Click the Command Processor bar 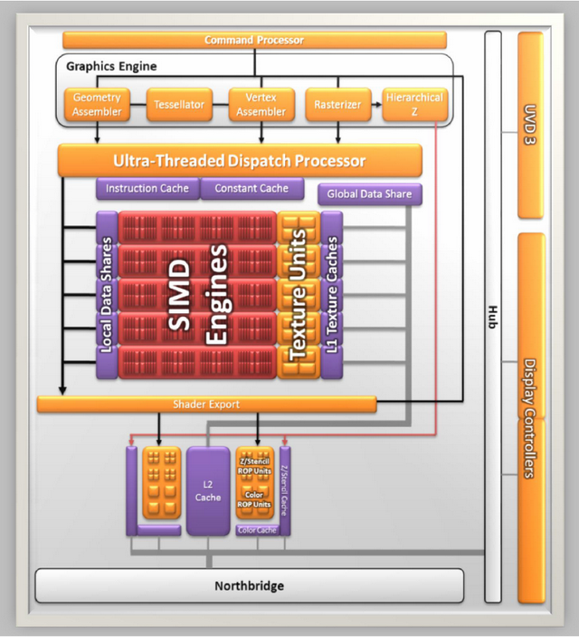[254, 40]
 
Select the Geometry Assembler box [97, 104]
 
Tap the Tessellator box [179, 104]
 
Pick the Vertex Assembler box [261, 104]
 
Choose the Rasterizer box [338, 104]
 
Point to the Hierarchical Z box [415, 104]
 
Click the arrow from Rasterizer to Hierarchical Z [376, 104]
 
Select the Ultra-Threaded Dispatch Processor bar [240, 160]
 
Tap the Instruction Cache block [147, 188]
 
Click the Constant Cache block [252, 188]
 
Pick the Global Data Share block [370, 195]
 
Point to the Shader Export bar [206, 404]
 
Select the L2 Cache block [208, 490]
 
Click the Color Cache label [257, 530]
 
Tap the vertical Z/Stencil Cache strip [285, 490]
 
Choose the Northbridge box [250, 585]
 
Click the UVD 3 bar [531, 125]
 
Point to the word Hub [493, 318]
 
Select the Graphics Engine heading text [111, 66]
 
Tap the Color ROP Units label [254, 499]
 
